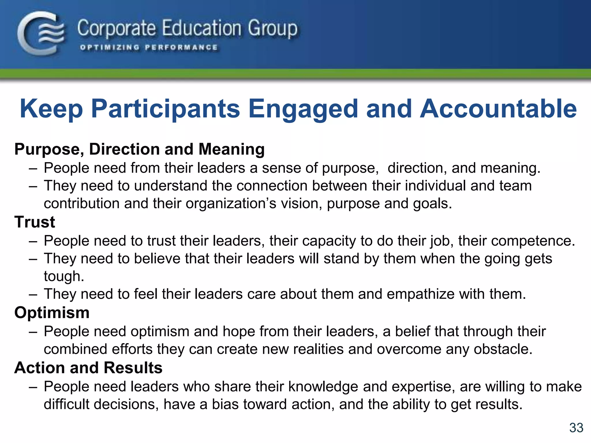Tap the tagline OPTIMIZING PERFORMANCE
[x=149, y=48]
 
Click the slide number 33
[x=576, y=428]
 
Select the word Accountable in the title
[x=498, y=109]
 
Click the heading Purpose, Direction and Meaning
[x=139, y=149]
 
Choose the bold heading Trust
[x=35, y=222]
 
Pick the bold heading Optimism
[x=52, y=313]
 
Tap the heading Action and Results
[x=88, y=368]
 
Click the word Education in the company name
[x=201, y=28]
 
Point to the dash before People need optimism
[x=33, y=332]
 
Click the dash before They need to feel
[x=33, y=294]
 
